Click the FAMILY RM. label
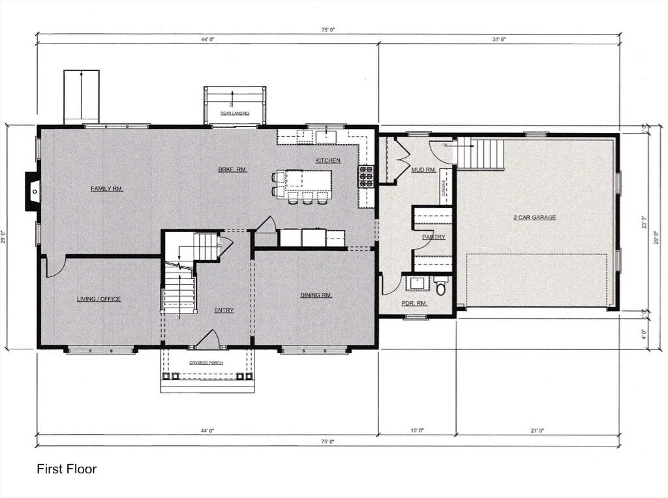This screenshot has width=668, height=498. (106, 189)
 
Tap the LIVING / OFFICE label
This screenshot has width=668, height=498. (99, 299)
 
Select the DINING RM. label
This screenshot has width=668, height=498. (316, 295)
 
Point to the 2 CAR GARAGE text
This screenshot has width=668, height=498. (534, 217)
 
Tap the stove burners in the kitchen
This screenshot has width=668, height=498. (366, 176)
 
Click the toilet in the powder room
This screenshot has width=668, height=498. (441, 286)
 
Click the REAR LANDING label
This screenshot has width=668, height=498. (234, 113)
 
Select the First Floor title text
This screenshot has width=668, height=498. (67, 469)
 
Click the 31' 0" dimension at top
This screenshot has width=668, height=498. (498, 40)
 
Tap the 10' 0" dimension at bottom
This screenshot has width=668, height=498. (417, 430)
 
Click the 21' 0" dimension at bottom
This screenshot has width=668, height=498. (537, 430)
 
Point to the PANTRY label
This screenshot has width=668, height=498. (433, 237)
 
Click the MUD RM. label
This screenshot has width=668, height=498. (423, 170)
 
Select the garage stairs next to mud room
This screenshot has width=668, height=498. (481, 153)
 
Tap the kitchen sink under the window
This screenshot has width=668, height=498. (326, 136)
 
